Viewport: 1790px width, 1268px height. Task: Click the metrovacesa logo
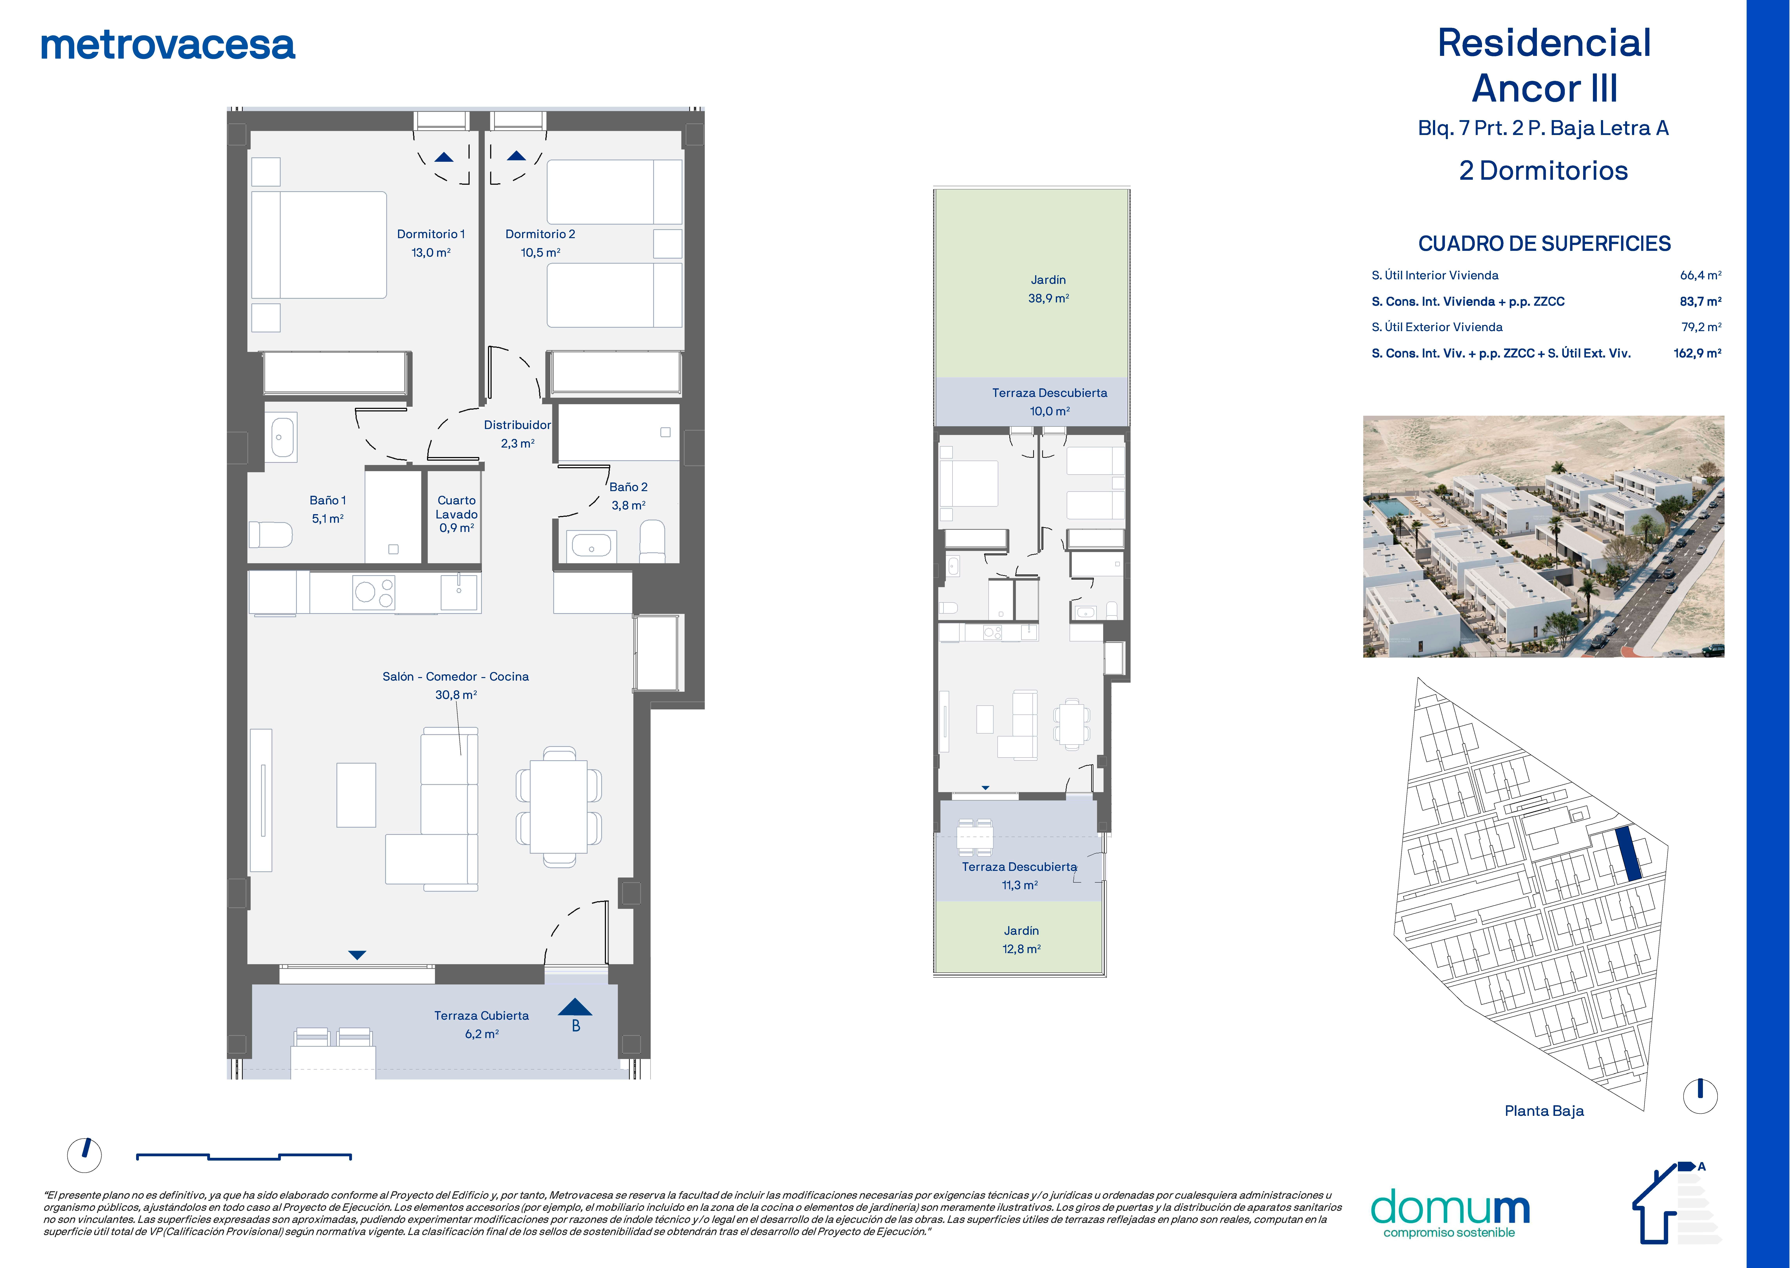click(x=168, y=45)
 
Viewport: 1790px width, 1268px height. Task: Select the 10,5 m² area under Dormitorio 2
click(x=540, y=252)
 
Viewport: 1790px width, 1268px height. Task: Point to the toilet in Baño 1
click(x=270, y=535)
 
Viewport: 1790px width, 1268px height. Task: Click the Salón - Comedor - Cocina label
click(x=456, y=677)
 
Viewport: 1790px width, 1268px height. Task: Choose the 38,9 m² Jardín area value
click(x=1048, y=298)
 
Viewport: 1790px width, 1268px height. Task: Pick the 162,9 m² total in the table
click(x=1698, y=353)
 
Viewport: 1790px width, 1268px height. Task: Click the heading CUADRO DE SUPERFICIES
click(x=1544, y=244)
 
